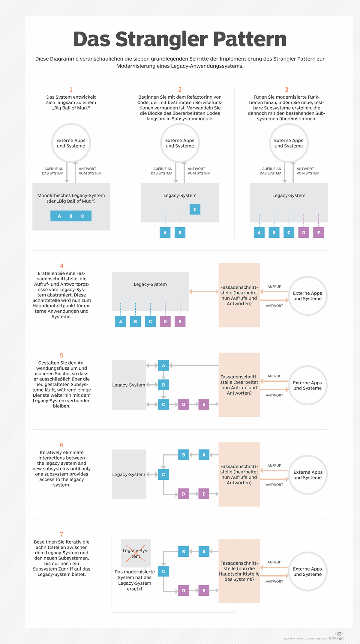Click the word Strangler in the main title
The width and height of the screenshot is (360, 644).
click(161, 39)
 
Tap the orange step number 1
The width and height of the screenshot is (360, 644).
click(71, 90)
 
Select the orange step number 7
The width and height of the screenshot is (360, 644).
click(61, 535)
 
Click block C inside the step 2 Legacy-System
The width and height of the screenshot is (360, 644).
click(195, 209)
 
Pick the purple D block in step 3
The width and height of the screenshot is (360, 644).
click(304, 233)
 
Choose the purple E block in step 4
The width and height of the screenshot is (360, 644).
click(180, 322)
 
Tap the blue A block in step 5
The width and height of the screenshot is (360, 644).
click(163, 365)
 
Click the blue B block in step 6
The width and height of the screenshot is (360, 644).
click(184, 455)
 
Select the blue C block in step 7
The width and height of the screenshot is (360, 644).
click(163, 571)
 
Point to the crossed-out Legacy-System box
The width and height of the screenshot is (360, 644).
click(136, 553)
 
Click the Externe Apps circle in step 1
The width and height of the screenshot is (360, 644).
click(71, 143)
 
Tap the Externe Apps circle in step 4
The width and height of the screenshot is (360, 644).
click(307, 296)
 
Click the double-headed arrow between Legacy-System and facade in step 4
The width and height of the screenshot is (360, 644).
click(204, 291)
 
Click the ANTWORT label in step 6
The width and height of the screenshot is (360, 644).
click(274, 485)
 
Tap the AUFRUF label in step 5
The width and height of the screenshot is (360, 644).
click(274, 376)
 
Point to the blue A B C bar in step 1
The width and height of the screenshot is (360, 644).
click(71, 216)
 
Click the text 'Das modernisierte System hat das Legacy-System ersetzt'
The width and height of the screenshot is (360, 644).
click(135, 580)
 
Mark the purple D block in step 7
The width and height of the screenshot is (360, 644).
click(184, 591)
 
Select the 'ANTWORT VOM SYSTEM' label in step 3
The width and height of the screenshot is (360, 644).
click(308, 171)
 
